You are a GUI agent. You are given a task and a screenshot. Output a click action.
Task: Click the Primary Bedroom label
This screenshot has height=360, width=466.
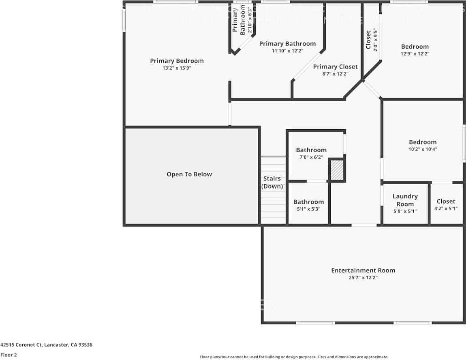(177, 61)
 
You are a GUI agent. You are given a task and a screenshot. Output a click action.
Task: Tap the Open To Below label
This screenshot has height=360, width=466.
(189, 174)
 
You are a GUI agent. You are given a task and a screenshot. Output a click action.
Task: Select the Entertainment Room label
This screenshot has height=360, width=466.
(363, 270)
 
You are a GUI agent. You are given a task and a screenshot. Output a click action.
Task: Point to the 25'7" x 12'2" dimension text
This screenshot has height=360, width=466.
(363, 278)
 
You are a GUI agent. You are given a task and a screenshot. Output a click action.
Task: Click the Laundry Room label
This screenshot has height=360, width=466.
(405, 200)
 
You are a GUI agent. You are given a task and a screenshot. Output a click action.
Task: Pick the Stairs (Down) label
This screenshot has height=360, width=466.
(272, 182)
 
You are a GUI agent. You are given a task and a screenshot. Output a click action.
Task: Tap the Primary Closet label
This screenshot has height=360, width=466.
(335, 66)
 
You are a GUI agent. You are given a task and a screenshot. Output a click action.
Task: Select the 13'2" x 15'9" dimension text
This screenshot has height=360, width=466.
(177, 68)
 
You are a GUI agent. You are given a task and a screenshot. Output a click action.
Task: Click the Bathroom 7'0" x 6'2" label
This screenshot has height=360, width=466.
(311, 150)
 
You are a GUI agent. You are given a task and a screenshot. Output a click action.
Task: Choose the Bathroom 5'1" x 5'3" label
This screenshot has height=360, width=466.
(308, 202)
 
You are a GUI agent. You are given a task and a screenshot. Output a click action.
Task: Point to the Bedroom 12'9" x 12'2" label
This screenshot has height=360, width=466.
(415, 47)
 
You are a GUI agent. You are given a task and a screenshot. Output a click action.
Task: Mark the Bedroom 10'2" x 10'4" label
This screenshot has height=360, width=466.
(423, 142)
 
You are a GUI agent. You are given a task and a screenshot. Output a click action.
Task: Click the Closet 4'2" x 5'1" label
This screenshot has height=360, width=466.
(446, 201)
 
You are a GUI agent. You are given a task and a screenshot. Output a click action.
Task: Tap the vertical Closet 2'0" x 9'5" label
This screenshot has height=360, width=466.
(368, 39)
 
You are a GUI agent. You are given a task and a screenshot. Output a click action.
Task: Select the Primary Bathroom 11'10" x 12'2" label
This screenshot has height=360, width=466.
(287, 44)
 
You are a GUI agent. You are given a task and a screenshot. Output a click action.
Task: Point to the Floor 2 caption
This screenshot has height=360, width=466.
(9, 355)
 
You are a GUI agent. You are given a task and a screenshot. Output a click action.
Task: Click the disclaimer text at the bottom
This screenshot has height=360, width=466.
(294, 357)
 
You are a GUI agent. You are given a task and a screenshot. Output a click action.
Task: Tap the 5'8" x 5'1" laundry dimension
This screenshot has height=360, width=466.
(405, 211)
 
